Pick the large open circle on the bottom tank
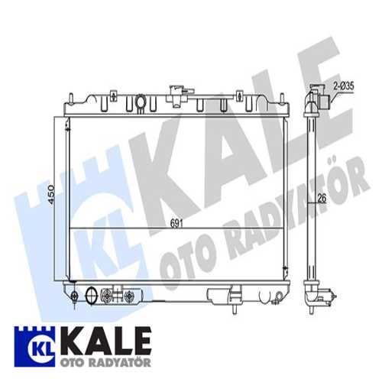coord(94,295)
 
